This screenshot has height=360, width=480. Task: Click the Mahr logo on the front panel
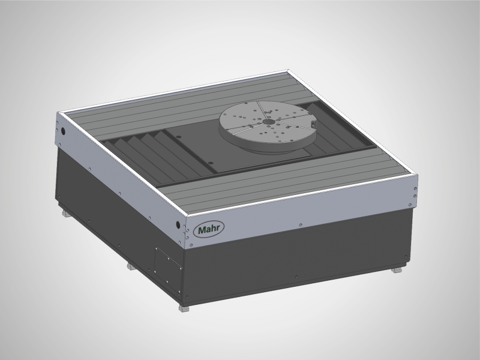click(x=206, y=230)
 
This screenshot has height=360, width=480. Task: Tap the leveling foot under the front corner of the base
click(x=184, y=308)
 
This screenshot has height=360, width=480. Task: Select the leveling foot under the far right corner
click(x=397, y=271)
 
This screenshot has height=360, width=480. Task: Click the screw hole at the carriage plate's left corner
click(x=178, y=137)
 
